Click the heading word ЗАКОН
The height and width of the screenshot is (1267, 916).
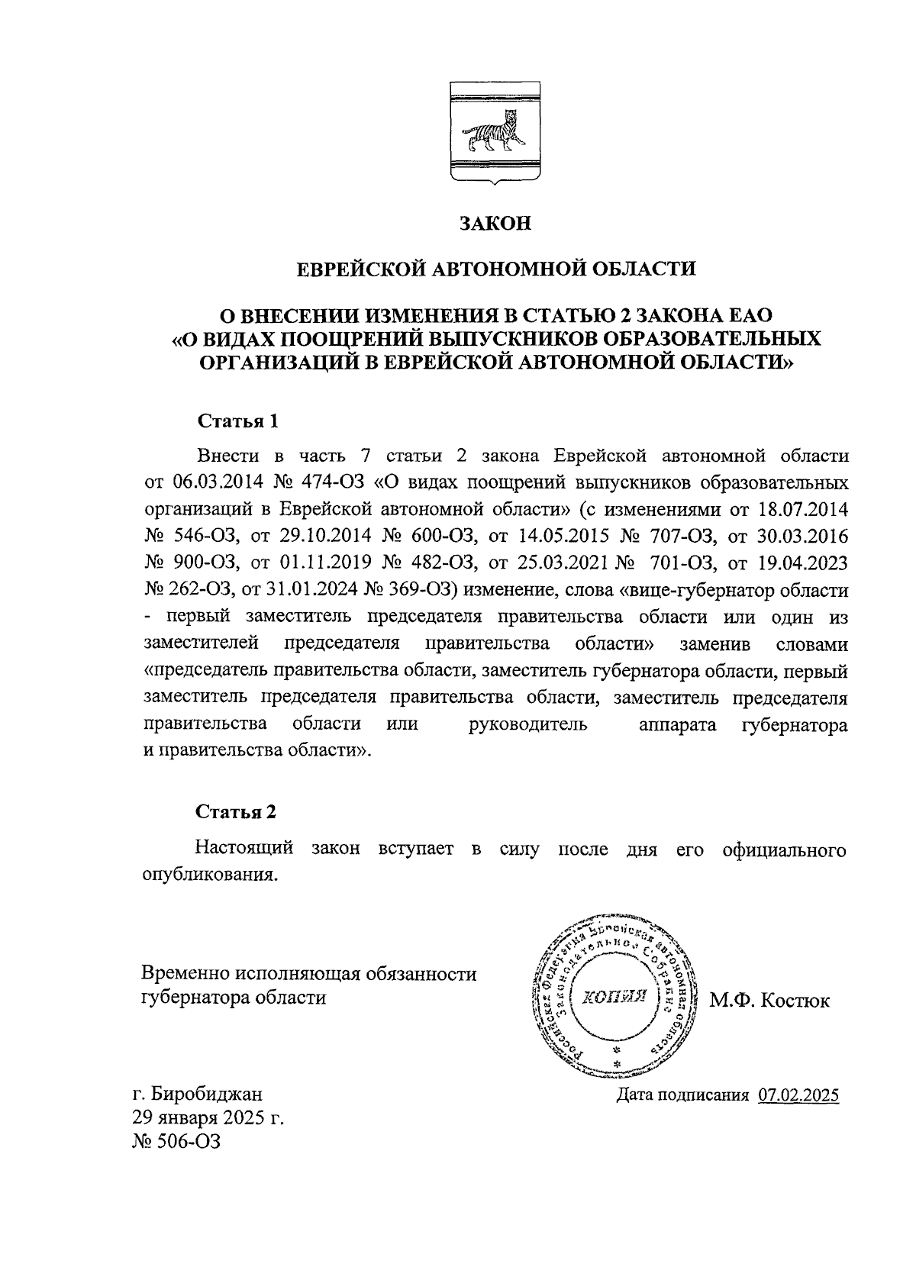494,224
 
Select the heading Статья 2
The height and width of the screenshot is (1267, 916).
237,812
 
